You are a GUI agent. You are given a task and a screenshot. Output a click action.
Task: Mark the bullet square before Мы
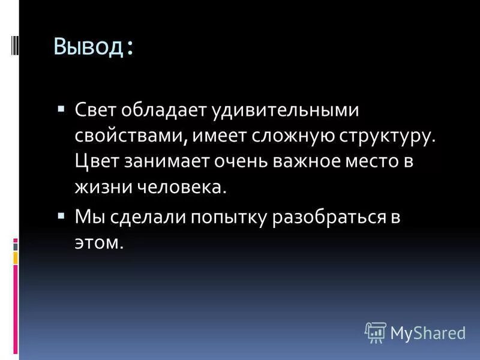[62, 215]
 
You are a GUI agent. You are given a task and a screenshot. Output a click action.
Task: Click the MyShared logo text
[428, 331]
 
